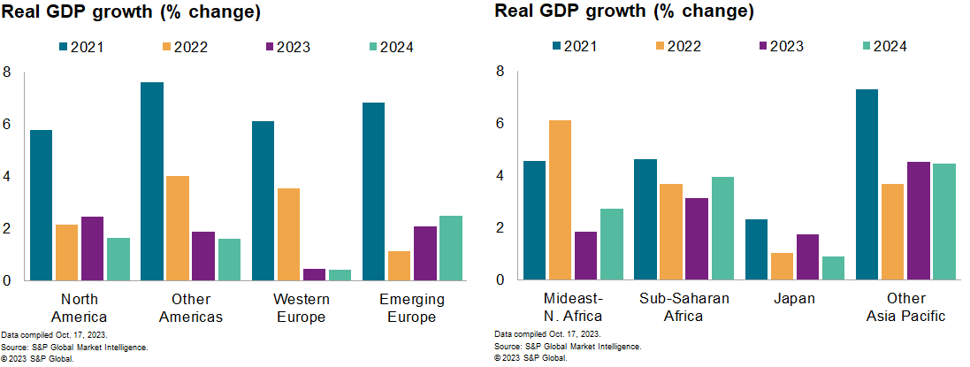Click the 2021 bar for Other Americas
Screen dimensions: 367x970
click(x=151, y=181)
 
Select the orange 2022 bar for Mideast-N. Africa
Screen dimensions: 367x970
click(x=559, y=200)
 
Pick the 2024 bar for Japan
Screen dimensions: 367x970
click(x=832, y=268)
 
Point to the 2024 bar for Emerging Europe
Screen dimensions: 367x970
click(x=449, y=248)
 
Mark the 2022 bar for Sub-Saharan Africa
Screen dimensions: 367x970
click(x=670, y=232)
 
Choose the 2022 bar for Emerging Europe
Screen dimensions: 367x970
click(x=398, y=265)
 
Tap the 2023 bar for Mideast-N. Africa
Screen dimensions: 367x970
click(x=584, y=256)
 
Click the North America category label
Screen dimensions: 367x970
click(x=80, y=308)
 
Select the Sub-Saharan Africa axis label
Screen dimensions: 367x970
click(x=684, y=307)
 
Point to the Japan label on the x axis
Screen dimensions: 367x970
click(x=794, y=299)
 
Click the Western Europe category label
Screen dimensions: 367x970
click(x=302, y=308)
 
